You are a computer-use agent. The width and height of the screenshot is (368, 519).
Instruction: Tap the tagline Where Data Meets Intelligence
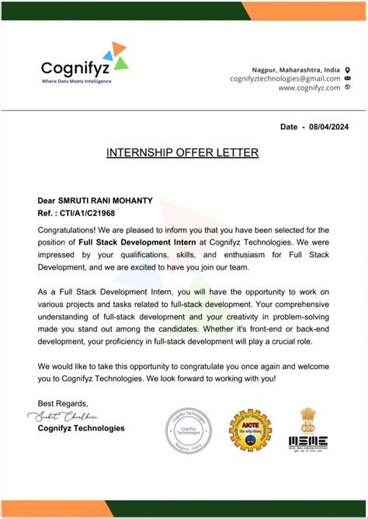76,81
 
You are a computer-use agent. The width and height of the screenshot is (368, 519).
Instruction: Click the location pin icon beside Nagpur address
347,68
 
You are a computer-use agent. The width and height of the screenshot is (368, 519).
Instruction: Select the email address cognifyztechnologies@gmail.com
285,78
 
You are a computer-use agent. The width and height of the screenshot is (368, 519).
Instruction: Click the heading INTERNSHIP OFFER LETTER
182,153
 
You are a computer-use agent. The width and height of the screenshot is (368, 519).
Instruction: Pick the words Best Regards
63,403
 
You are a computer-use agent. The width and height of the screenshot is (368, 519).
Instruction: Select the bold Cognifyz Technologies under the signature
81,428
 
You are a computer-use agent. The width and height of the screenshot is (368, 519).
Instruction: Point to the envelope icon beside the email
347,78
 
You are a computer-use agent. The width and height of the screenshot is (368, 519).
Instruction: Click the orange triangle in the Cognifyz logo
118,49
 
